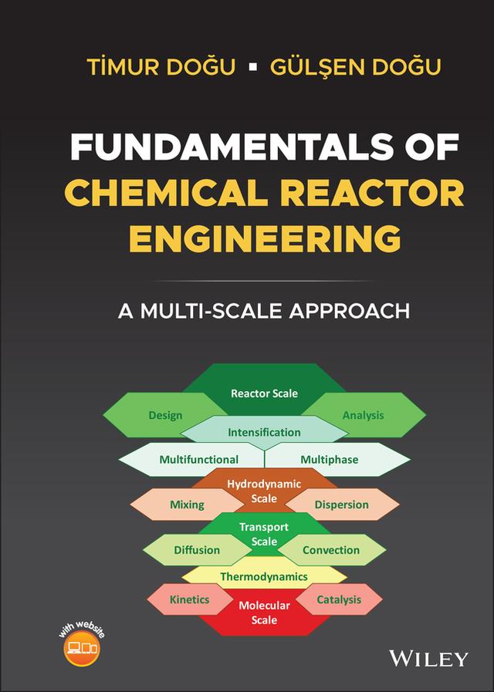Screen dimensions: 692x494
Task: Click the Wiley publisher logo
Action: coord(429,658)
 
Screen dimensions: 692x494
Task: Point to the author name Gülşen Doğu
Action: coord(355,66)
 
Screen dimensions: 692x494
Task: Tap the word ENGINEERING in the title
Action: coord(264,238)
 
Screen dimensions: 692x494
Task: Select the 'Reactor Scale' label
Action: coord(264,393)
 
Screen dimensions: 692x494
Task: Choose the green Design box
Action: coord(164,415)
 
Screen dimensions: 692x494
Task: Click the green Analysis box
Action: coord(364,415)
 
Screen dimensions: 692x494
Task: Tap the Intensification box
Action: coord(264,432)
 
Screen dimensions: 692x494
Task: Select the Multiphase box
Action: coord(330,459)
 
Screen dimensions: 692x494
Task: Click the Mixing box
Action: coord(186,505)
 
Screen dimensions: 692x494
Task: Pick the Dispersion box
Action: coord(342,505)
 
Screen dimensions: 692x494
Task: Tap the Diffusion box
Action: coord(196,550)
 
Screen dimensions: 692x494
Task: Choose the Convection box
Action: coord(331,550)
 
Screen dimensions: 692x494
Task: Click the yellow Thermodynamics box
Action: coord(264,576)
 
